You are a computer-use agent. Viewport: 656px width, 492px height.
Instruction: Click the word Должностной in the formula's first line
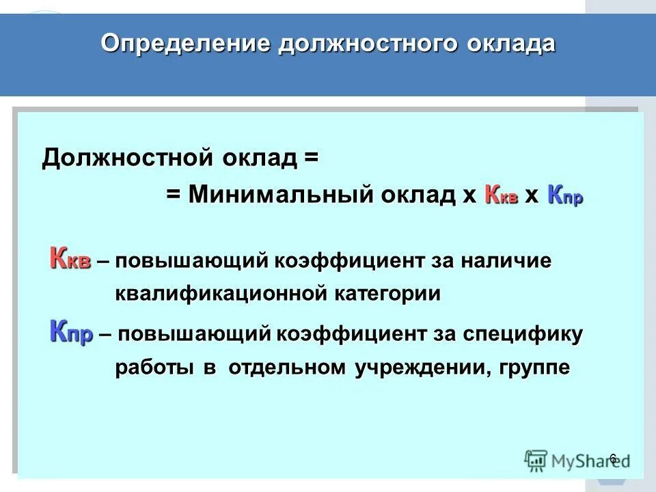pos(129,159)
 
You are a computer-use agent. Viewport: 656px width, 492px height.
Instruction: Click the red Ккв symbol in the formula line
pos(501,195)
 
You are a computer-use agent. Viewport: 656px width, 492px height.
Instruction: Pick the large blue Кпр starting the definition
pos(71,334)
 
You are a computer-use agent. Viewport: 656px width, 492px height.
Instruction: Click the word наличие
pos(505,262)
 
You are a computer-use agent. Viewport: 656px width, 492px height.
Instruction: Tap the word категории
pos(387,294)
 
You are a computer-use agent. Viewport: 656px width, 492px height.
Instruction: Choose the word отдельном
pos(288,367)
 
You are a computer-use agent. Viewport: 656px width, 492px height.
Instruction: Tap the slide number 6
pos(613,457)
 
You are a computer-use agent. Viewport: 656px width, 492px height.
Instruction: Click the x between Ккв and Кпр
pos(532,196)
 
